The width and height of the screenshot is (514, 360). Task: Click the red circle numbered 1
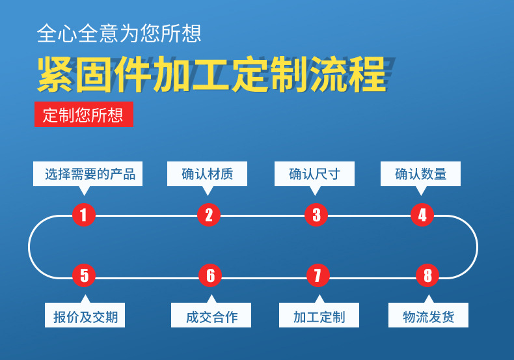click(84, 215)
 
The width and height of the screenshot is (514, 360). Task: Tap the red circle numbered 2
click(209, 215)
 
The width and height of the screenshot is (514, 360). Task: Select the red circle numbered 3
click(316, 215)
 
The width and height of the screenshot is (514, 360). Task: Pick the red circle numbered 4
click(422, 215)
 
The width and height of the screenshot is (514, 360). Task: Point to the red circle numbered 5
click(84, 275)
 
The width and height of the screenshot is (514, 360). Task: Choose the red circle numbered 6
click(210, 275)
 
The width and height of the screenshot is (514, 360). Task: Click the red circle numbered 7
click(318, 275)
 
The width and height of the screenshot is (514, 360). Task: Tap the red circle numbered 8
click(427, 275)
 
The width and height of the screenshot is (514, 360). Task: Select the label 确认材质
click(207, 174)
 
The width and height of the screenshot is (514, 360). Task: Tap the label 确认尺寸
click(314, 174)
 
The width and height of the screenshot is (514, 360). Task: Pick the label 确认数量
click(420, 174)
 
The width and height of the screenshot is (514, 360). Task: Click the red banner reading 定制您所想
click(84, 114)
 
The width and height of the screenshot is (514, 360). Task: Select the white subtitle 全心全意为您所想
click(119, 33)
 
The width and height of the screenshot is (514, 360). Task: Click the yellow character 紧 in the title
click(55, 74)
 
